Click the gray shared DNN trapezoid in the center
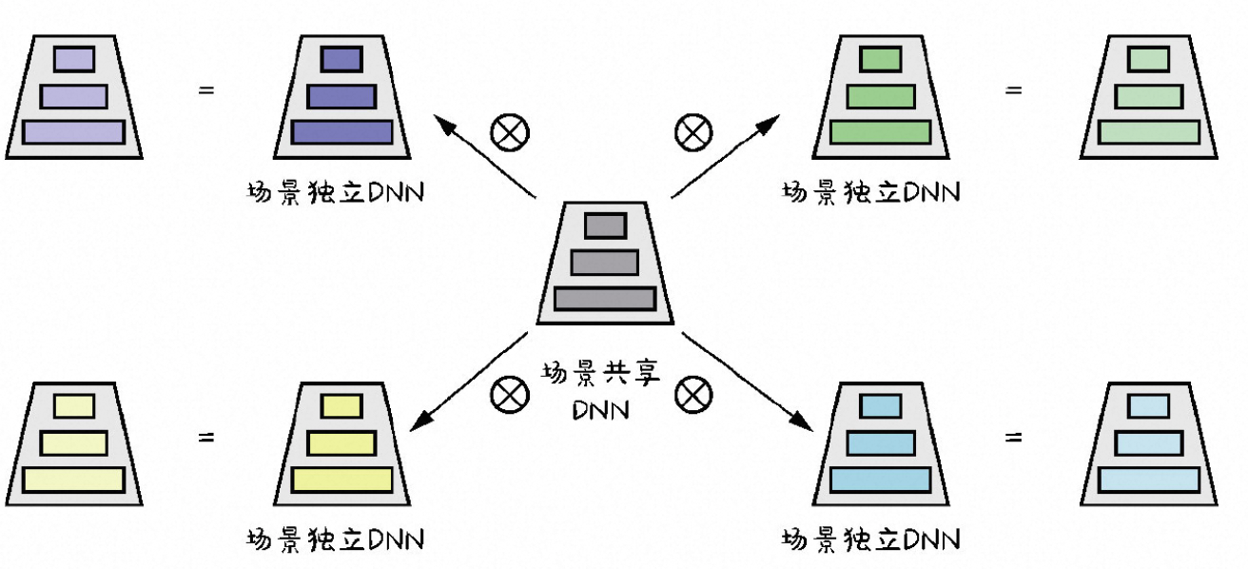tap(605, 264)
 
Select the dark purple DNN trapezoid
tap(341, 97)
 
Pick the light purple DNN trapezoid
tap(74, 97)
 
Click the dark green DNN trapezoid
tap(879, 97)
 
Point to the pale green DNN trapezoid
tap(1148, 97)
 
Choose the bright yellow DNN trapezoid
tap(341, 443)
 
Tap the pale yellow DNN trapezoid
tap(74, 443)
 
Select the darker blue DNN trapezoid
tap(879, 443)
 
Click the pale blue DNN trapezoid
tap(1148, 443)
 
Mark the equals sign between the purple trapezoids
tap(205, 91)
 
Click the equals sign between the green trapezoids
tap(1014, 91)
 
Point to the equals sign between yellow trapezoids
tap(205, 439)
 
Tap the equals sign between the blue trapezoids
tap(1014, 439)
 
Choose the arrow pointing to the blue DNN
tap(748, 382)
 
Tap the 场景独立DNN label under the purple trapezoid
tap(334, 192)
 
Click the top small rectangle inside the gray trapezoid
tap(605, 226)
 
